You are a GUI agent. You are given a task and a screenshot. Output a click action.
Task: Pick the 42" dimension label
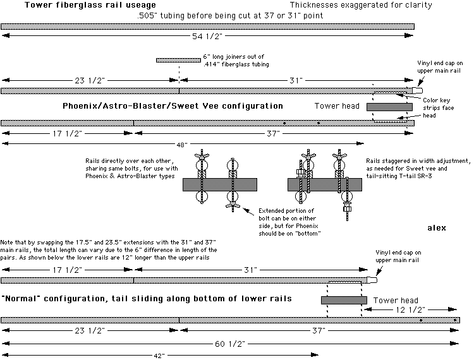[159, 356]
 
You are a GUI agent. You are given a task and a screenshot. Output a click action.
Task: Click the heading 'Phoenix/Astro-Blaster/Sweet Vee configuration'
[173, 105]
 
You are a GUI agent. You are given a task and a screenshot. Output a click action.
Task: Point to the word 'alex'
[437, 226]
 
